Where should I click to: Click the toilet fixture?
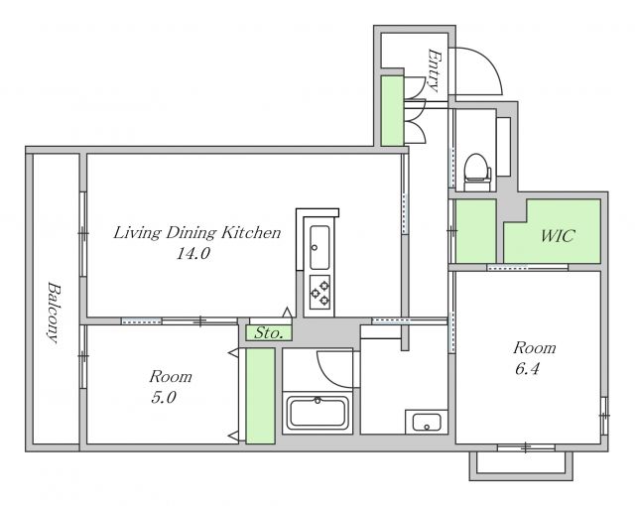[477, 172]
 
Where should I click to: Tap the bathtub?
[317, 413]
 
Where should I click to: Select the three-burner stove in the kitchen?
[319, 293]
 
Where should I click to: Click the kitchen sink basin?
[319, 247]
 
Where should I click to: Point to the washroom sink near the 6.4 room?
[427, 423]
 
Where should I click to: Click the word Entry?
[434, 70]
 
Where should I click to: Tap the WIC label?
[558, 235]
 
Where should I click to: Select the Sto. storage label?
[268, 333]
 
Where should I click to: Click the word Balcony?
[55, 313]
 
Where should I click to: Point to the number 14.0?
[193, 254]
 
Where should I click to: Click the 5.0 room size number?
[164, 398]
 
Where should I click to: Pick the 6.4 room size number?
[527, 369]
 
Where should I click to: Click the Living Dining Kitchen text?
[196, 233]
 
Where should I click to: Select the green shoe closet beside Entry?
[393, 111]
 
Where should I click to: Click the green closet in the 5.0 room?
[260, 396]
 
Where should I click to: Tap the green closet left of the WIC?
[476, 231]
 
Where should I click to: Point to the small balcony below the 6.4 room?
[521, 465]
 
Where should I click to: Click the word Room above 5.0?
[171, 377]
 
